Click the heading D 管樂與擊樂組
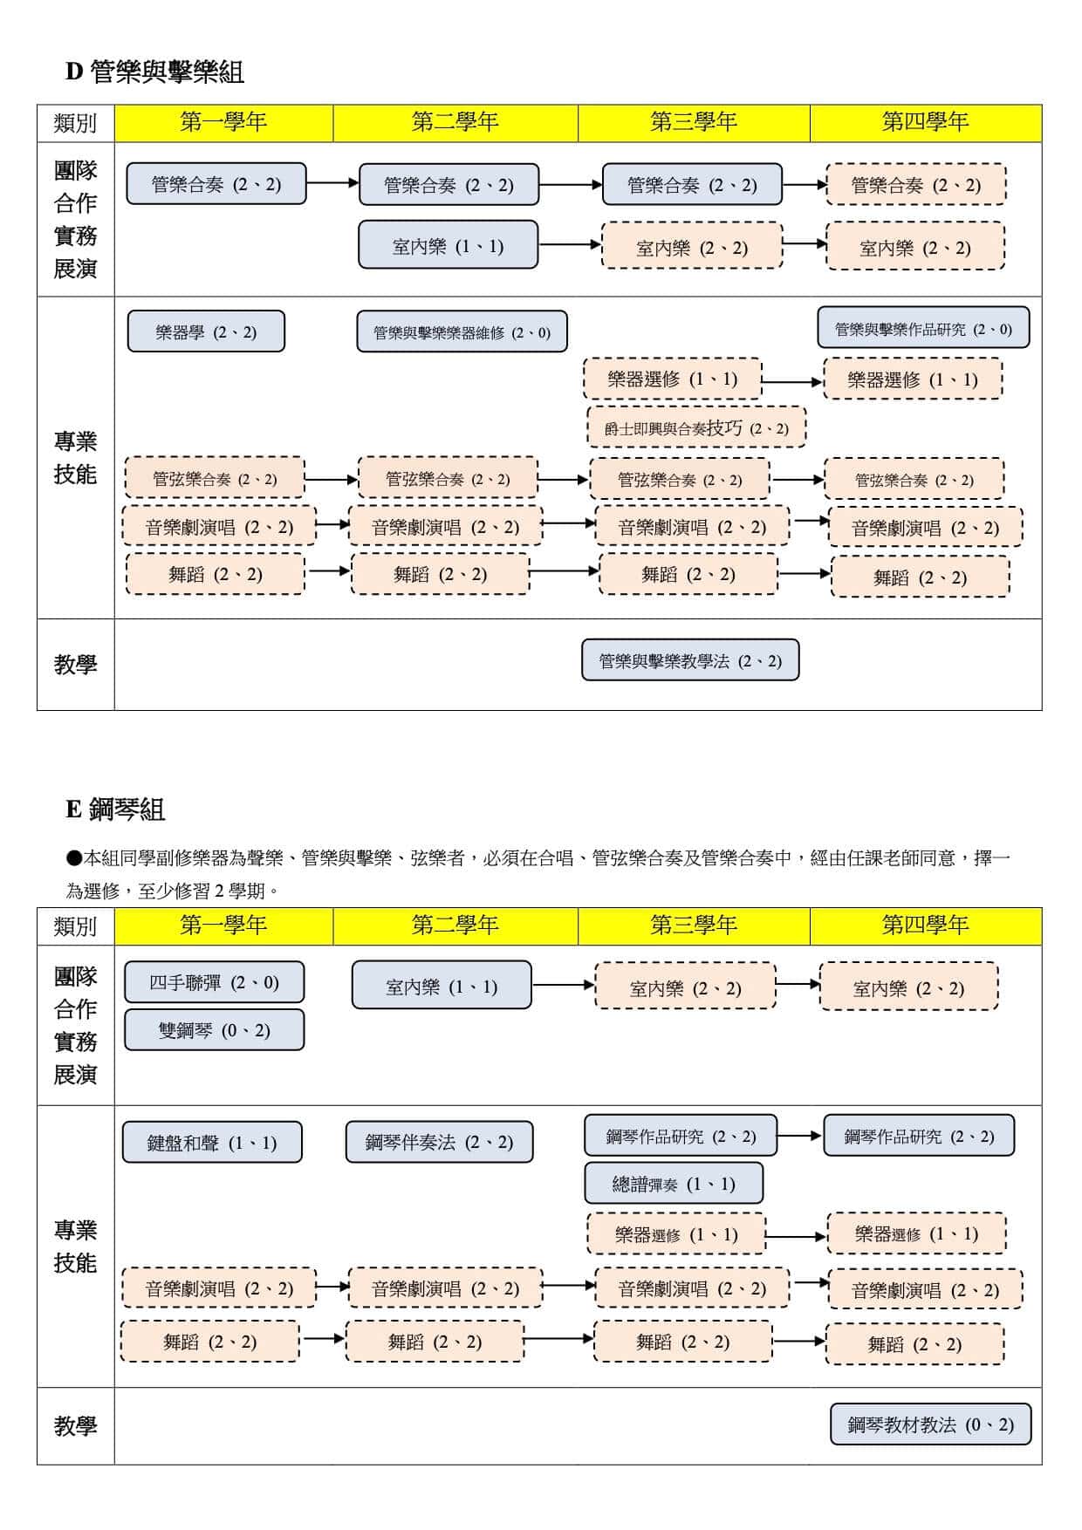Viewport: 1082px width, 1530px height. tap(154, 72)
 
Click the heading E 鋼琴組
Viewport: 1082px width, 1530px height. tap(115, 809)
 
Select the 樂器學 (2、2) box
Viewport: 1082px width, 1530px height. tap(206, 331)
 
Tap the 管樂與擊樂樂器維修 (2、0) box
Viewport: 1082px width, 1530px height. tap(462, 332)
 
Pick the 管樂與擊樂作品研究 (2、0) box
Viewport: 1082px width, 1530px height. tap(923, 329)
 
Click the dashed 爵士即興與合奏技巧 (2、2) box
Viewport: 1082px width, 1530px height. tap(696, 427)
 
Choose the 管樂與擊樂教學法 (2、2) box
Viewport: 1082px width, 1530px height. tap(690, 660)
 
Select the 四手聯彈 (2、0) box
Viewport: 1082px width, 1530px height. tap(214, 982)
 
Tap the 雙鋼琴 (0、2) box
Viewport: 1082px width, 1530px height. tap(214, 1030)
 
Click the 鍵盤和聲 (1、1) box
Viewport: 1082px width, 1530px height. tap(212, 1143)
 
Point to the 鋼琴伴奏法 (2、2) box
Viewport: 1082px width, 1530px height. tap(439, 1142)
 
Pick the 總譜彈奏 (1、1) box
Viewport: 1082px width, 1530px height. tap(674, 1184)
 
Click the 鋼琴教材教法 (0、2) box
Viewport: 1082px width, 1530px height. tap(930, 1424)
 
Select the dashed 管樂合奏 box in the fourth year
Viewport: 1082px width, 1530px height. tap(915, 185)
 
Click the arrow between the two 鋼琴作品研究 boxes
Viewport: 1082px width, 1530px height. tap(799, 1136)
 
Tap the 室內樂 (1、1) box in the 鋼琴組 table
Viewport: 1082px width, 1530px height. tap(442, 986)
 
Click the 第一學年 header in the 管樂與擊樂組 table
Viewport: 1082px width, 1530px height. tap(223, 122)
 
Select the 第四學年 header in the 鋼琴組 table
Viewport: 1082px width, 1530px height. tap(925, 926)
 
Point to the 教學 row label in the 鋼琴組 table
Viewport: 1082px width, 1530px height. tap(75, 1425)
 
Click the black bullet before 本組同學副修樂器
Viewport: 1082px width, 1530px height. tap(74, 858)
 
